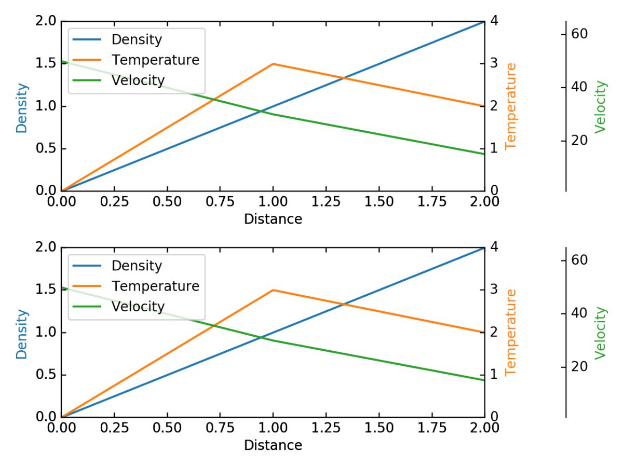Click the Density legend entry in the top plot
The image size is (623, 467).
tap(137, 39)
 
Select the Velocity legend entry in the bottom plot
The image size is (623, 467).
tap(138, 307)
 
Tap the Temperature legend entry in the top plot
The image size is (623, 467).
tap(155, 60)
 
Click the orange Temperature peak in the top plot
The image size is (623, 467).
tap(273, 64)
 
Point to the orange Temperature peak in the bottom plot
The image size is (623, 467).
tap(273, 290)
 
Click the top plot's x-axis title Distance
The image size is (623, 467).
tap(273, 219)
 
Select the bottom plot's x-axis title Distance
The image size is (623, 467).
tap(273, 445)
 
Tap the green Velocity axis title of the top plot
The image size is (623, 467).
tap(601, 106)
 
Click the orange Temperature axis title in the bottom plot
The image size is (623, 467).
tap(511, 332)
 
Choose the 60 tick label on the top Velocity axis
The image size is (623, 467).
tap(579, 34)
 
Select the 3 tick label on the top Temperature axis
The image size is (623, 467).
tap(494, 64)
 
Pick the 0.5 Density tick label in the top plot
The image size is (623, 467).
tap(47, 149)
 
